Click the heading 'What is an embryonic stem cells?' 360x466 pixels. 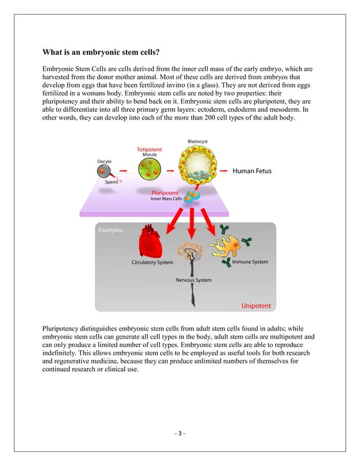pos(101,53)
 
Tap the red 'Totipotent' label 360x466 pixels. pos(149,150)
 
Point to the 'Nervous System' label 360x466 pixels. pos(194,280)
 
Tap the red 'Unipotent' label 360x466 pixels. pos(256,306)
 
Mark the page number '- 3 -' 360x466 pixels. pos(179,433)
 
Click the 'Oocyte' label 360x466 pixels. pos(104,161)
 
